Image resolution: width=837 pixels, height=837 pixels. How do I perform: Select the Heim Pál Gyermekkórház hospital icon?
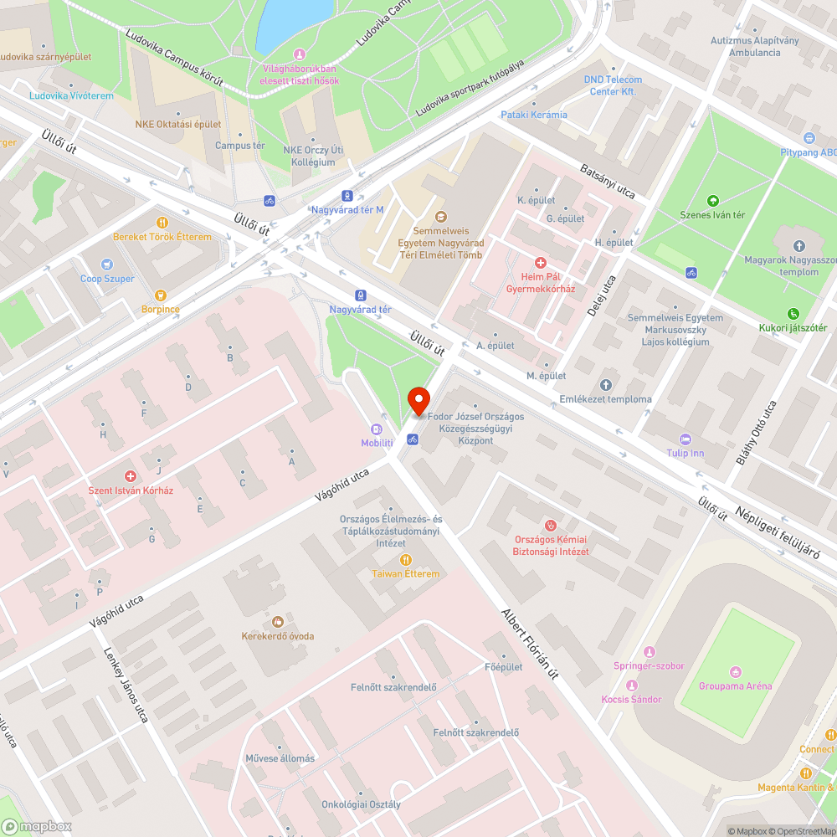click(x=541, y=263)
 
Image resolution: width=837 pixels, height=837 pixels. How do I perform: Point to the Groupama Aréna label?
click(x=735, y=686)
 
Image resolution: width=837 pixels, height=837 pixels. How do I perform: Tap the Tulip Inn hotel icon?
click(x=686, y=439)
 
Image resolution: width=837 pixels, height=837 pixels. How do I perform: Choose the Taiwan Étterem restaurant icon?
click(x=406, y=559)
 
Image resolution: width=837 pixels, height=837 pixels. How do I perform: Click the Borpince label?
click(x=159, y=309)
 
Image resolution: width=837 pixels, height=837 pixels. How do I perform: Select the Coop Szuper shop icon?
click(x=106, y=264)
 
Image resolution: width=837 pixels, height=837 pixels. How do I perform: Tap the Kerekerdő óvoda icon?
click(x=278, y=622)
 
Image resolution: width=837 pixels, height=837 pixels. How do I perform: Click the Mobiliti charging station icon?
click(x=377, y=429)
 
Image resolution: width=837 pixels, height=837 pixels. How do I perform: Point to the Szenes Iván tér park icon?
click(x=712, y=201)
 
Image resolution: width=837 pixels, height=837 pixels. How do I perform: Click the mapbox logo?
click(x=37, y=826)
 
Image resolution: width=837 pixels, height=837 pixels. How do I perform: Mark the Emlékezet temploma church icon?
click(x=606, y=385)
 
